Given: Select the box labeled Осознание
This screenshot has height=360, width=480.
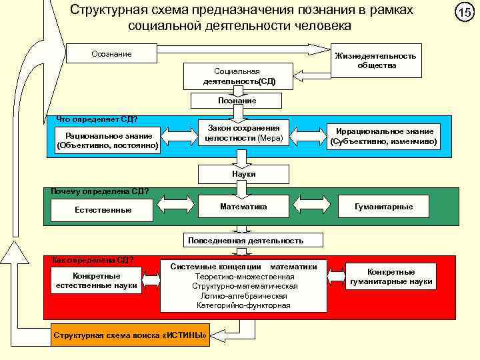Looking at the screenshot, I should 111,53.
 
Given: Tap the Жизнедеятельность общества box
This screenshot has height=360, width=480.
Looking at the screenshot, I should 377,61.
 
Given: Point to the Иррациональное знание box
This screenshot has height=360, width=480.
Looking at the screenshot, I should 384,136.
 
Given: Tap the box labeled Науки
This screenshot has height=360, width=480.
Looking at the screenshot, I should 244,174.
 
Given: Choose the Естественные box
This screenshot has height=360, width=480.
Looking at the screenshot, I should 102,210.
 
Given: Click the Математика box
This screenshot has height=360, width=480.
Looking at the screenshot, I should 244,207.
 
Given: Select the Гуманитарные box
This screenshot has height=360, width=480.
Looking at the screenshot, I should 384,207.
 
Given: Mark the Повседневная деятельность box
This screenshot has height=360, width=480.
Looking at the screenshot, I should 245,240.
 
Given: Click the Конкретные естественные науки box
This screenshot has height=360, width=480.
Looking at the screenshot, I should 97,281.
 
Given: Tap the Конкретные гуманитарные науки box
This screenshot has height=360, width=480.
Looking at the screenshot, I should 391,277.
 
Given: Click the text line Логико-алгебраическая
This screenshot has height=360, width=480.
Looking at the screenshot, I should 243,295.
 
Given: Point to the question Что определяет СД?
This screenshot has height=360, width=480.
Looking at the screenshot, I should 97,119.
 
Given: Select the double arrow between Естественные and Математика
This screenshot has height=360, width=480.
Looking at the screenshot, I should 176,207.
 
